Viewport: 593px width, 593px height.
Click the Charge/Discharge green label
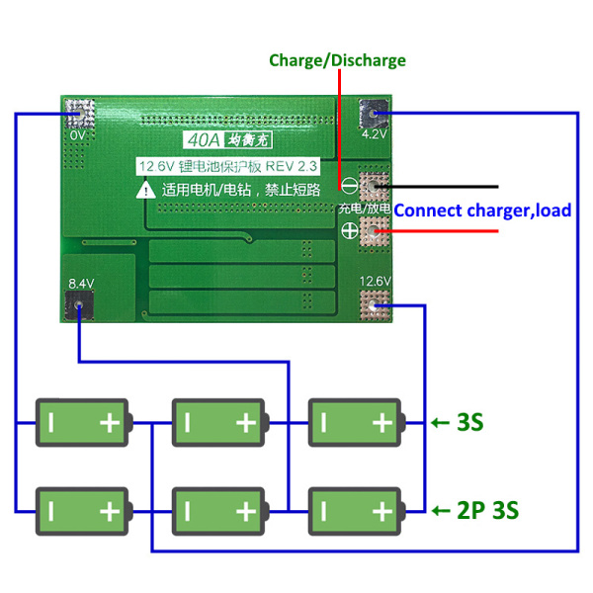337,60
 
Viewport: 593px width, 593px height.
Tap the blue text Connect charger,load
482,211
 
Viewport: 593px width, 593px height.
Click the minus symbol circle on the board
349,185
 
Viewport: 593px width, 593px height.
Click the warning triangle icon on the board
145,189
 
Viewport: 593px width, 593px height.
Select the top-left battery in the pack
83,424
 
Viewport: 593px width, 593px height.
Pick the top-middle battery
219,424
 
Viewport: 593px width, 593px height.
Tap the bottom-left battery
83,511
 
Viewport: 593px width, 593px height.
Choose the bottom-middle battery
219,511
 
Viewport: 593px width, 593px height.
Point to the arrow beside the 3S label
440,424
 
